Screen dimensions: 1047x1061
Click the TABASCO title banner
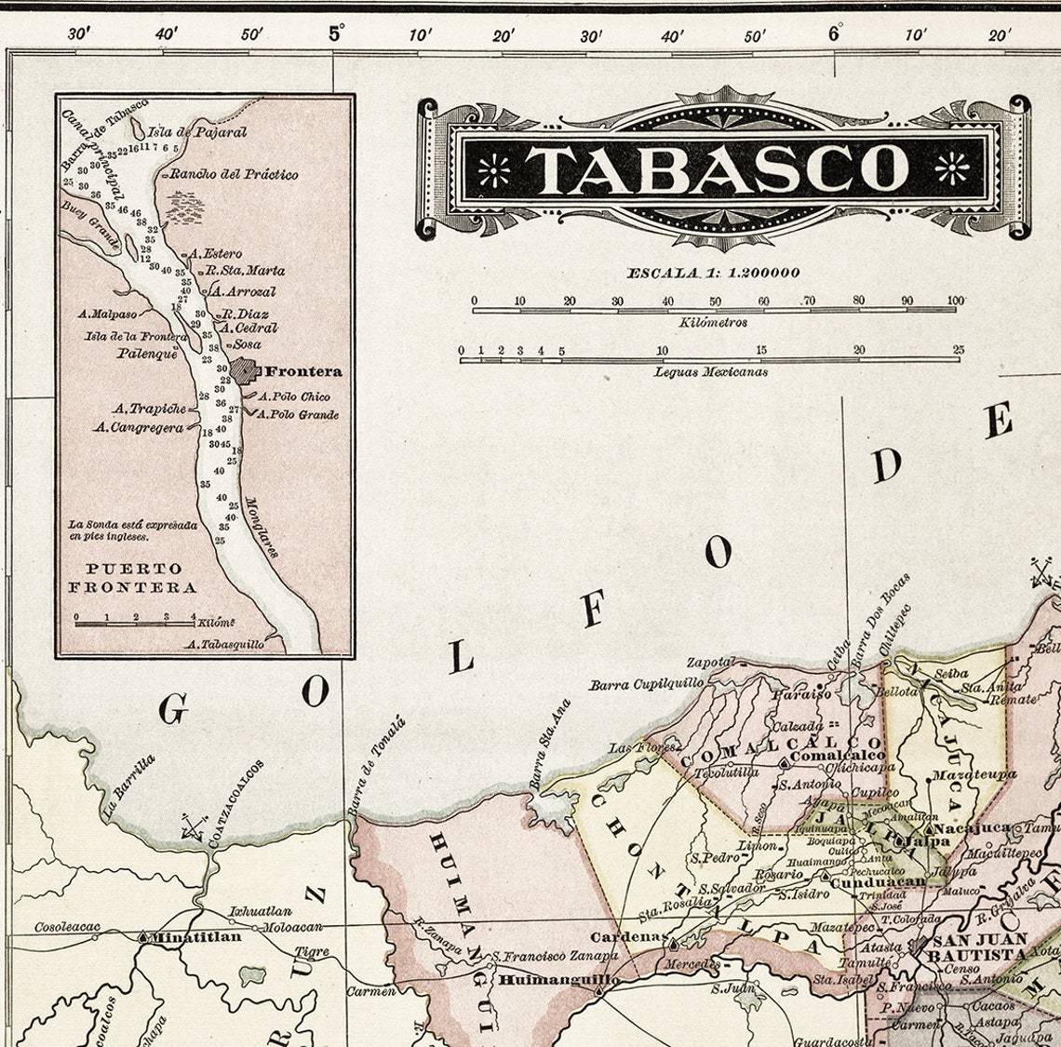pyautogui.click(x=721, y=168)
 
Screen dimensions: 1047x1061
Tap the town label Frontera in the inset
pyautogui.click(x=303, y=371)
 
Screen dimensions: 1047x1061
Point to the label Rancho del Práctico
pyautogui.click(x=234, y=174)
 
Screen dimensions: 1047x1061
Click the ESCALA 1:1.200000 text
pyautogui.click(x=713, y=273)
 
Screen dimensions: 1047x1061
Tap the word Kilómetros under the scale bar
pyautogui.click(x=713, y=322)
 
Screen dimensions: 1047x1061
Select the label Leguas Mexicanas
pyautogui.click(x=711, y=371)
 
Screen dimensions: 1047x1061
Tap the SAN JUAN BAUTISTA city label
pyautogui.click(x=979, y=947)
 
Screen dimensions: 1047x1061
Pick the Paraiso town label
pyautogui.click(x=806, y=693)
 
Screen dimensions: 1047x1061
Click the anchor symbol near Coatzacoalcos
pyautogui.click(x=194, y=826)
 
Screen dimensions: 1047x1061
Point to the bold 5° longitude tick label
pyautogui.click(x=335, y=34)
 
